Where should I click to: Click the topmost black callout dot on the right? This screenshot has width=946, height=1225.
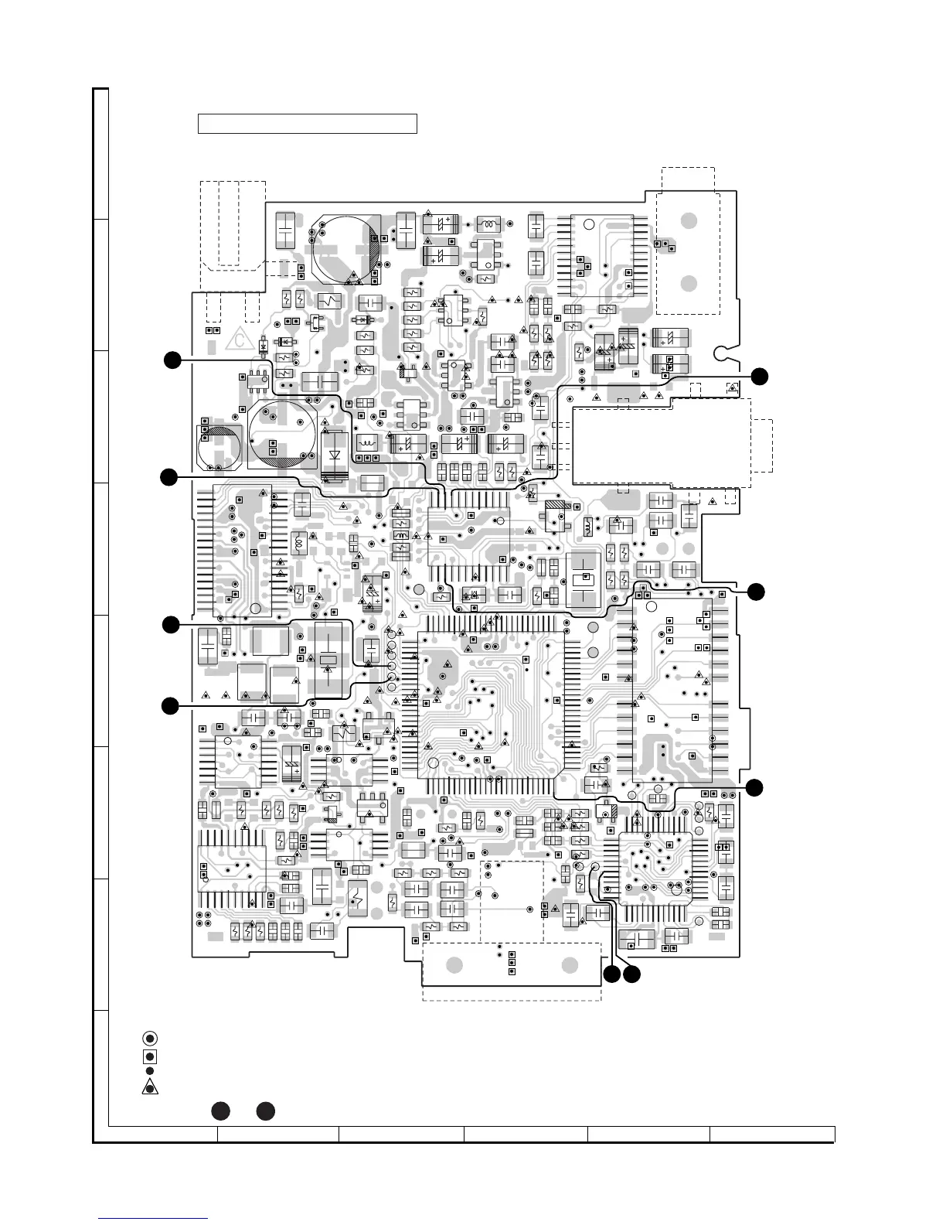(x=760, y=376)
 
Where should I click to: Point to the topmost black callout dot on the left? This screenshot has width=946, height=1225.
(x=173, y=360)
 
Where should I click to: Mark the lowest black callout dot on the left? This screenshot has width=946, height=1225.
(x=170, y=705)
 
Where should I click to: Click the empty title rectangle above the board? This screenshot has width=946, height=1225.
(x=308, y=124)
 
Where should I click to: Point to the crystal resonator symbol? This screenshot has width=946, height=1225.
(x=328, y=660)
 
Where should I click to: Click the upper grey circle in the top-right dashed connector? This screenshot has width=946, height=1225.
(x=689, y=220)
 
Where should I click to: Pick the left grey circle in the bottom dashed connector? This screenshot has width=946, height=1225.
(x=455, y=966)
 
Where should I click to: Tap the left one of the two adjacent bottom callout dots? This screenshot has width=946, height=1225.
(x=612, y=975)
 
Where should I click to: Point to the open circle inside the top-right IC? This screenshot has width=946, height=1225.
(x=589, y=225)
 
